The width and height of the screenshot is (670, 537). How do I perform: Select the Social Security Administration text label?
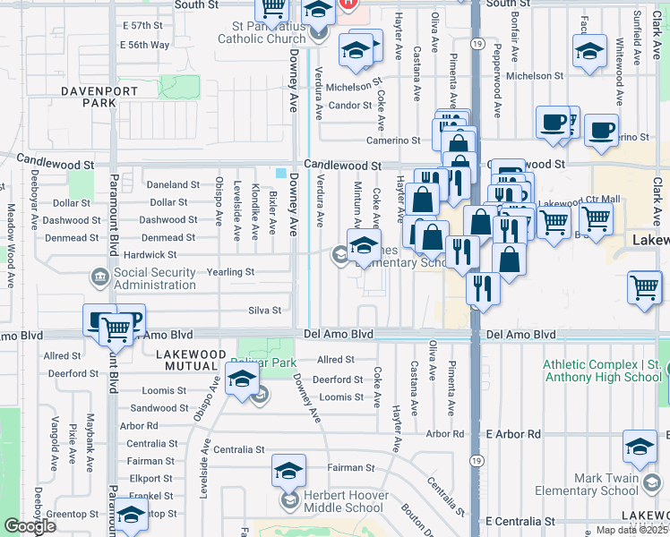[x=155, y=278]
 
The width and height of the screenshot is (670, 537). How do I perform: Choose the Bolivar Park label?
[x=263, y=362]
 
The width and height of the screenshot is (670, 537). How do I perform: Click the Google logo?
[x=30, y=526]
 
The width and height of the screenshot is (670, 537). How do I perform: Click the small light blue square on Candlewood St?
[x=281, y=174]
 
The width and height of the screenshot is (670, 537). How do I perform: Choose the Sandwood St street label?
[x=159, y=407]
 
